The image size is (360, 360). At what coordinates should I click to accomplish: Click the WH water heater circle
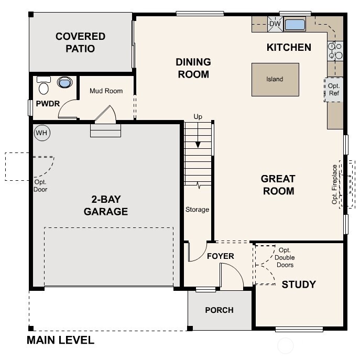[x=41, y=133]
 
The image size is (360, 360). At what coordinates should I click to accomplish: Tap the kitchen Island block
[x=275, y=80]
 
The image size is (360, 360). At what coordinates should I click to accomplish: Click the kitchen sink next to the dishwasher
[x=294, y=24]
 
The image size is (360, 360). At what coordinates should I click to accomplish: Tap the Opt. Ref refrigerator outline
[x=334, y=89]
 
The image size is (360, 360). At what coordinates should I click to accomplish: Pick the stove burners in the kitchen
[x=335, y=50]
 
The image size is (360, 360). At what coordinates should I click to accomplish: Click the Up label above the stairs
[x=198, y=116]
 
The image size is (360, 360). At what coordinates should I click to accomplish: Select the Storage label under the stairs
[x=197, y=210]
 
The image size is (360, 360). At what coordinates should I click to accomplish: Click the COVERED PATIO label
[x=80, y=42]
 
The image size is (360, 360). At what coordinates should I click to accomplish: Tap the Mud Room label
[x=106, y=91]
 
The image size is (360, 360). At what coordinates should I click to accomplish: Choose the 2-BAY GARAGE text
[x=107, y=205]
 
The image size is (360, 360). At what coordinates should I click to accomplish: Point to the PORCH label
[x=219, y=310]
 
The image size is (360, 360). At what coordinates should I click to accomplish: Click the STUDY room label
[x=299, y=285]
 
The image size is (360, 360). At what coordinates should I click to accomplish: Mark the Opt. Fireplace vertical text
[x=334, y=184]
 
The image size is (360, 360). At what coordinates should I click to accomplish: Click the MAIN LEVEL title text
[x=60, y=341]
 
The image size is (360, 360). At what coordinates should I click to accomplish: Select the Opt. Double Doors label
[x=285, y=257]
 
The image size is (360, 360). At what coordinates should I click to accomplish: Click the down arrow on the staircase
[x=198, y=143]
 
